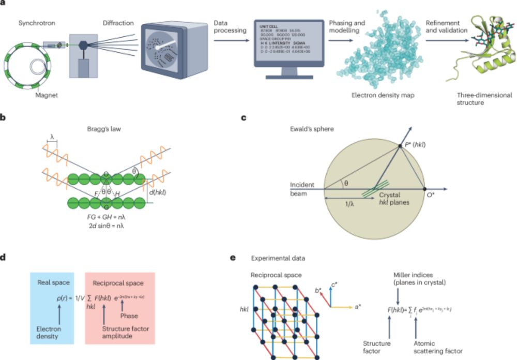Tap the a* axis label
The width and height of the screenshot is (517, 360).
(x=360, y=306)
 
